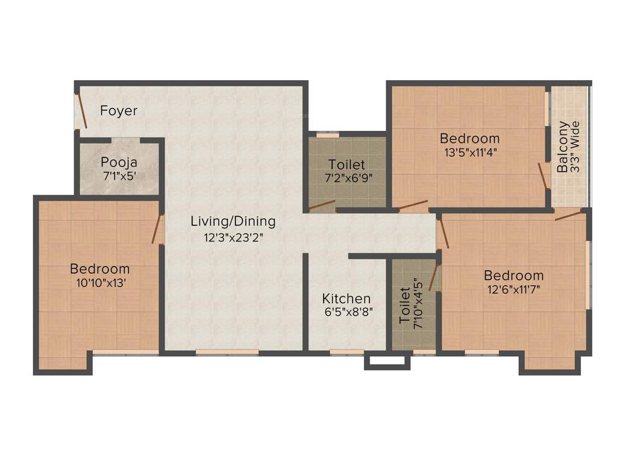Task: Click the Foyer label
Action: [119, 111]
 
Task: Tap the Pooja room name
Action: [119, 162]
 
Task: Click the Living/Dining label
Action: [233, 221]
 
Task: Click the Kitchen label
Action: [346, 298]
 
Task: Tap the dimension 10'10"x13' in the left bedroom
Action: [99, 283]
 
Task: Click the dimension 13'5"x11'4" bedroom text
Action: [470, 153]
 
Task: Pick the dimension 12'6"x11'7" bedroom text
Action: [513, 289]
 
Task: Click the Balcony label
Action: [562, 148]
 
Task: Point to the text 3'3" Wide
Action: [575, 148]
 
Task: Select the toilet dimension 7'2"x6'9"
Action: [346, 179]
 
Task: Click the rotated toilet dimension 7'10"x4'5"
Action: [418, 307]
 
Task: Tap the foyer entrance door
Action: [81, 111]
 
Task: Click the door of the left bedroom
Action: [158, 228]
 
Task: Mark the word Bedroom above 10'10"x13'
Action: [99, 269]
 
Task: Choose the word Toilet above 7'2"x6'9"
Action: [346, 165]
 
